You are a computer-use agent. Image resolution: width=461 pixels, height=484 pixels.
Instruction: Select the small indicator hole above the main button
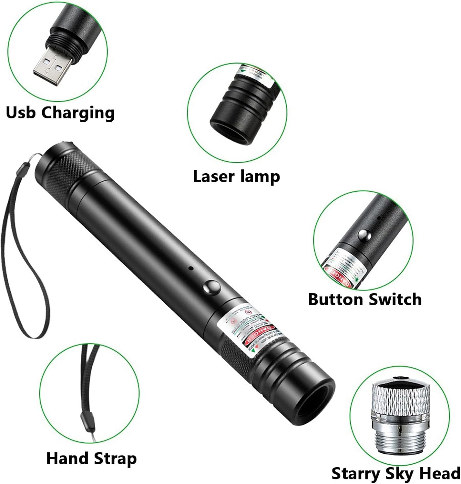[x=191, y=268]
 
